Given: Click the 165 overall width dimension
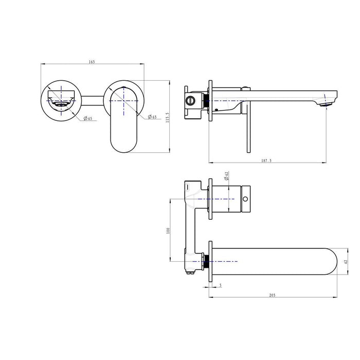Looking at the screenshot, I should (x=92, y=62).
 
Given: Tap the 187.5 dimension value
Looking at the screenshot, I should (x=266, y=161).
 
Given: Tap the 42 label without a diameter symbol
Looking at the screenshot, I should (x=346, y=262).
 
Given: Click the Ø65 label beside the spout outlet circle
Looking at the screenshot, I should (x=87, y=119).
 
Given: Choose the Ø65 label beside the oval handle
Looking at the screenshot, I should (x=153, y=117).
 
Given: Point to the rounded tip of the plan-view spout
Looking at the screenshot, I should (x=329, y=262).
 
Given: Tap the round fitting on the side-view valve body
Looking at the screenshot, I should (x=191, y=99).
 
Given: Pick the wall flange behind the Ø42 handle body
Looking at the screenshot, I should (x=209, y=198).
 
